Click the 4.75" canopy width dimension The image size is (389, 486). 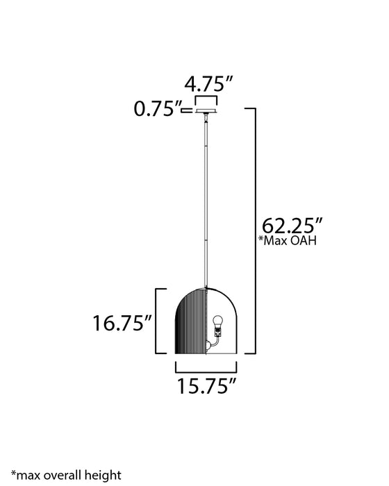point(207,85)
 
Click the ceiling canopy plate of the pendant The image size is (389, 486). point(206,109)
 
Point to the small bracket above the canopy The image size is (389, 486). point(206,99)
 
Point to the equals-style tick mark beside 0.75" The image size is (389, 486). point(188,108)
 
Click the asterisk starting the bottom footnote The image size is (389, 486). point(13,472)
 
